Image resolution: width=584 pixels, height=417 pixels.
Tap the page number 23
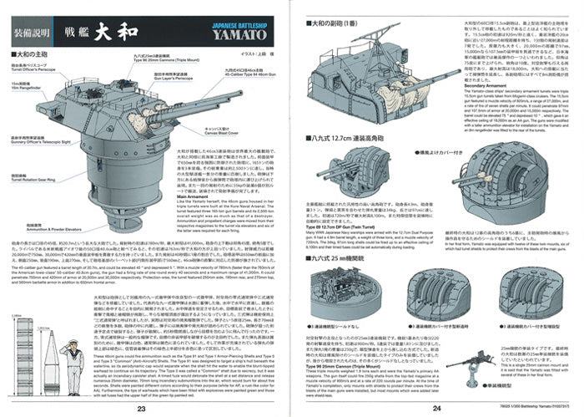141,408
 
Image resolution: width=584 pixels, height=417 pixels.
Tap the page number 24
437,408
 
